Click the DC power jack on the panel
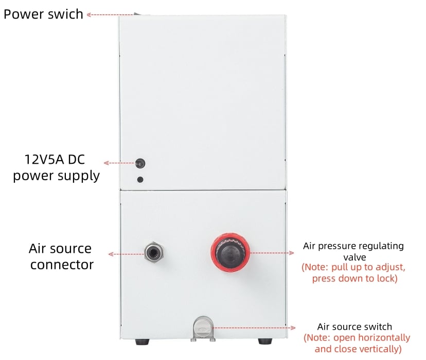138,164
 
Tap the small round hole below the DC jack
140,180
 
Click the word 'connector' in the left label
62,265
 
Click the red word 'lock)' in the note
385,279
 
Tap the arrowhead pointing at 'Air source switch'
294,328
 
